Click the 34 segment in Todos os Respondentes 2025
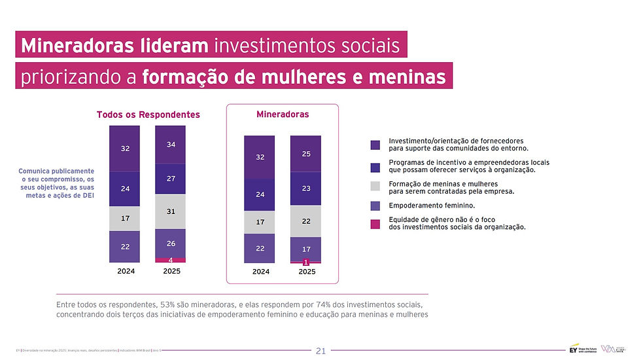[171, 144]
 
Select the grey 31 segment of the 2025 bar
[171, 211]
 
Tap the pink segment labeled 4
[171, 260]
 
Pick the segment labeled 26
[171, 243]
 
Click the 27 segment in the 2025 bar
[171, 179]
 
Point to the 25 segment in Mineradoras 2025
[305, 154]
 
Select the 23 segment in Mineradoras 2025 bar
[305, 189]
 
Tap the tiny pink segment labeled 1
[305, 262]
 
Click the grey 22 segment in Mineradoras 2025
[305, 221]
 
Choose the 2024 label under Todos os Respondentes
[125, 270]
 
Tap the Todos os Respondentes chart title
[148, 115]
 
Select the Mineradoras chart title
[283, 114]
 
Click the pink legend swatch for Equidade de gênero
[375, 224]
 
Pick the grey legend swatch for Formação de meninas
[375, 186]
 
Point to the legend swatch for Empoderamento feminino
[375, 206]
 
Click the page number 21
[320, 351]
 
